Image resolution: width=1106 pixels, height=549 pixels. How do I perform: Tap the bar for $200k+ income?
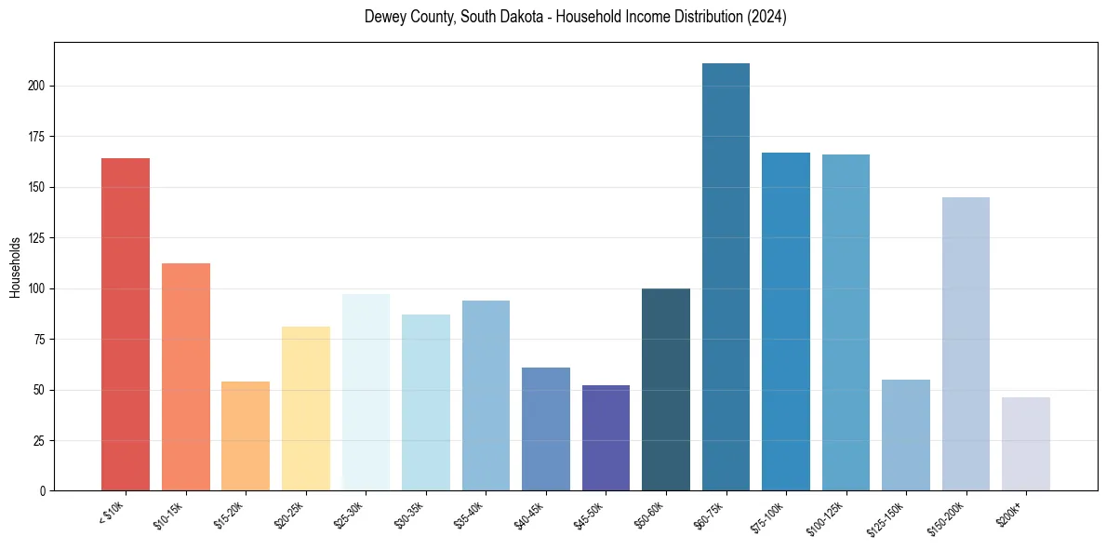click(1026, 444)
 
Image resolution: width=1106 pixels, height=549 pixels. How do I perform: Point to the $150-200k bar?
click(966, 343)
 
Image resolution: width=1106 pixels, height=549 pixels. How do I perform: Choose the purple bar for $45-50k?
click(606, 437)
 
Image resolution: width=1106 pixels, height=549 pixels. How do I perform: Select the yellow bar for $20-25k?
click(306, 408)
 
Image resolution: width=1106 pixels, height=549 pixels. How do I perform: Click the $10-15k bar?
click(186, 377)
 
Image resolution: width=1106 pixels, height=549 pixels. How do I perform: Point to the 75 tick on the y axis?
click(39, 339)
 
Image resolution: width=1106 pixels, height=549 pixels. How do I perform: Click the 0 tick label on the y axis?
click(42, 490)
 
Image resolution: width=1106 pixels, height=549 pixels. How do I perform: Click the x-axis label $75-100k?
click(769, 515)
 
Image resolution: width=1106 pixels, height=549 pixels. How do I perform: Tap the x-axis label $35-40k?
click(470, 514)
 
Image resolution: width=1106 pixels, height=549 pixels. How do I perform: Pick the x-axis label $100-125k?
click(827, 516)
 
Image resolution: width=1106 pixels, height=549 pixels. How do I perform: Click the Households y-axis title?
click(15, 267)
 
